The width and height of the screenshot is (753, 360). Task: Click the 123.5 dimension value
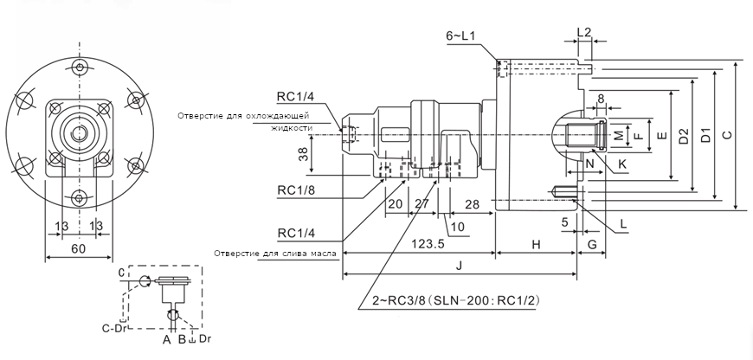point(428,244)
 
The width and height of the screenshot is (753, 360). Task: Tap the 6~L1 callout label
point(460,36)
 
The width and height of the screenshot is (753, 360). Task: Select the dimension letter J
point(459,267)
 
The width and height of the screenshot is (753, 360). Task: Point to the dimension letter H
point(536,245)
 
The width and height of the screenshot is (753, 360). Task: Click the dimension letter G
point(592,245)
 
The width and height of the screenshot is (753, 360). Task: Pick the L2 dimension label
point(584,33)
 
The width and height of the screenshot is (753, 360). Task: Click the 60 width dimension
point(79,248)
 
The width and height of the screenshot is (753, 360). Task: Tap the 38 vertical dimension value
point(304,155)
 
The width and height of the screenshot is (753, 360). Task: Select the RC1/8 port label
point(296,190)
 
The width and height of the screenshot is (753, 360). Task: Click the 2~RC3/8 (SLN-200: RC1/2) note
point(456,301)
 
